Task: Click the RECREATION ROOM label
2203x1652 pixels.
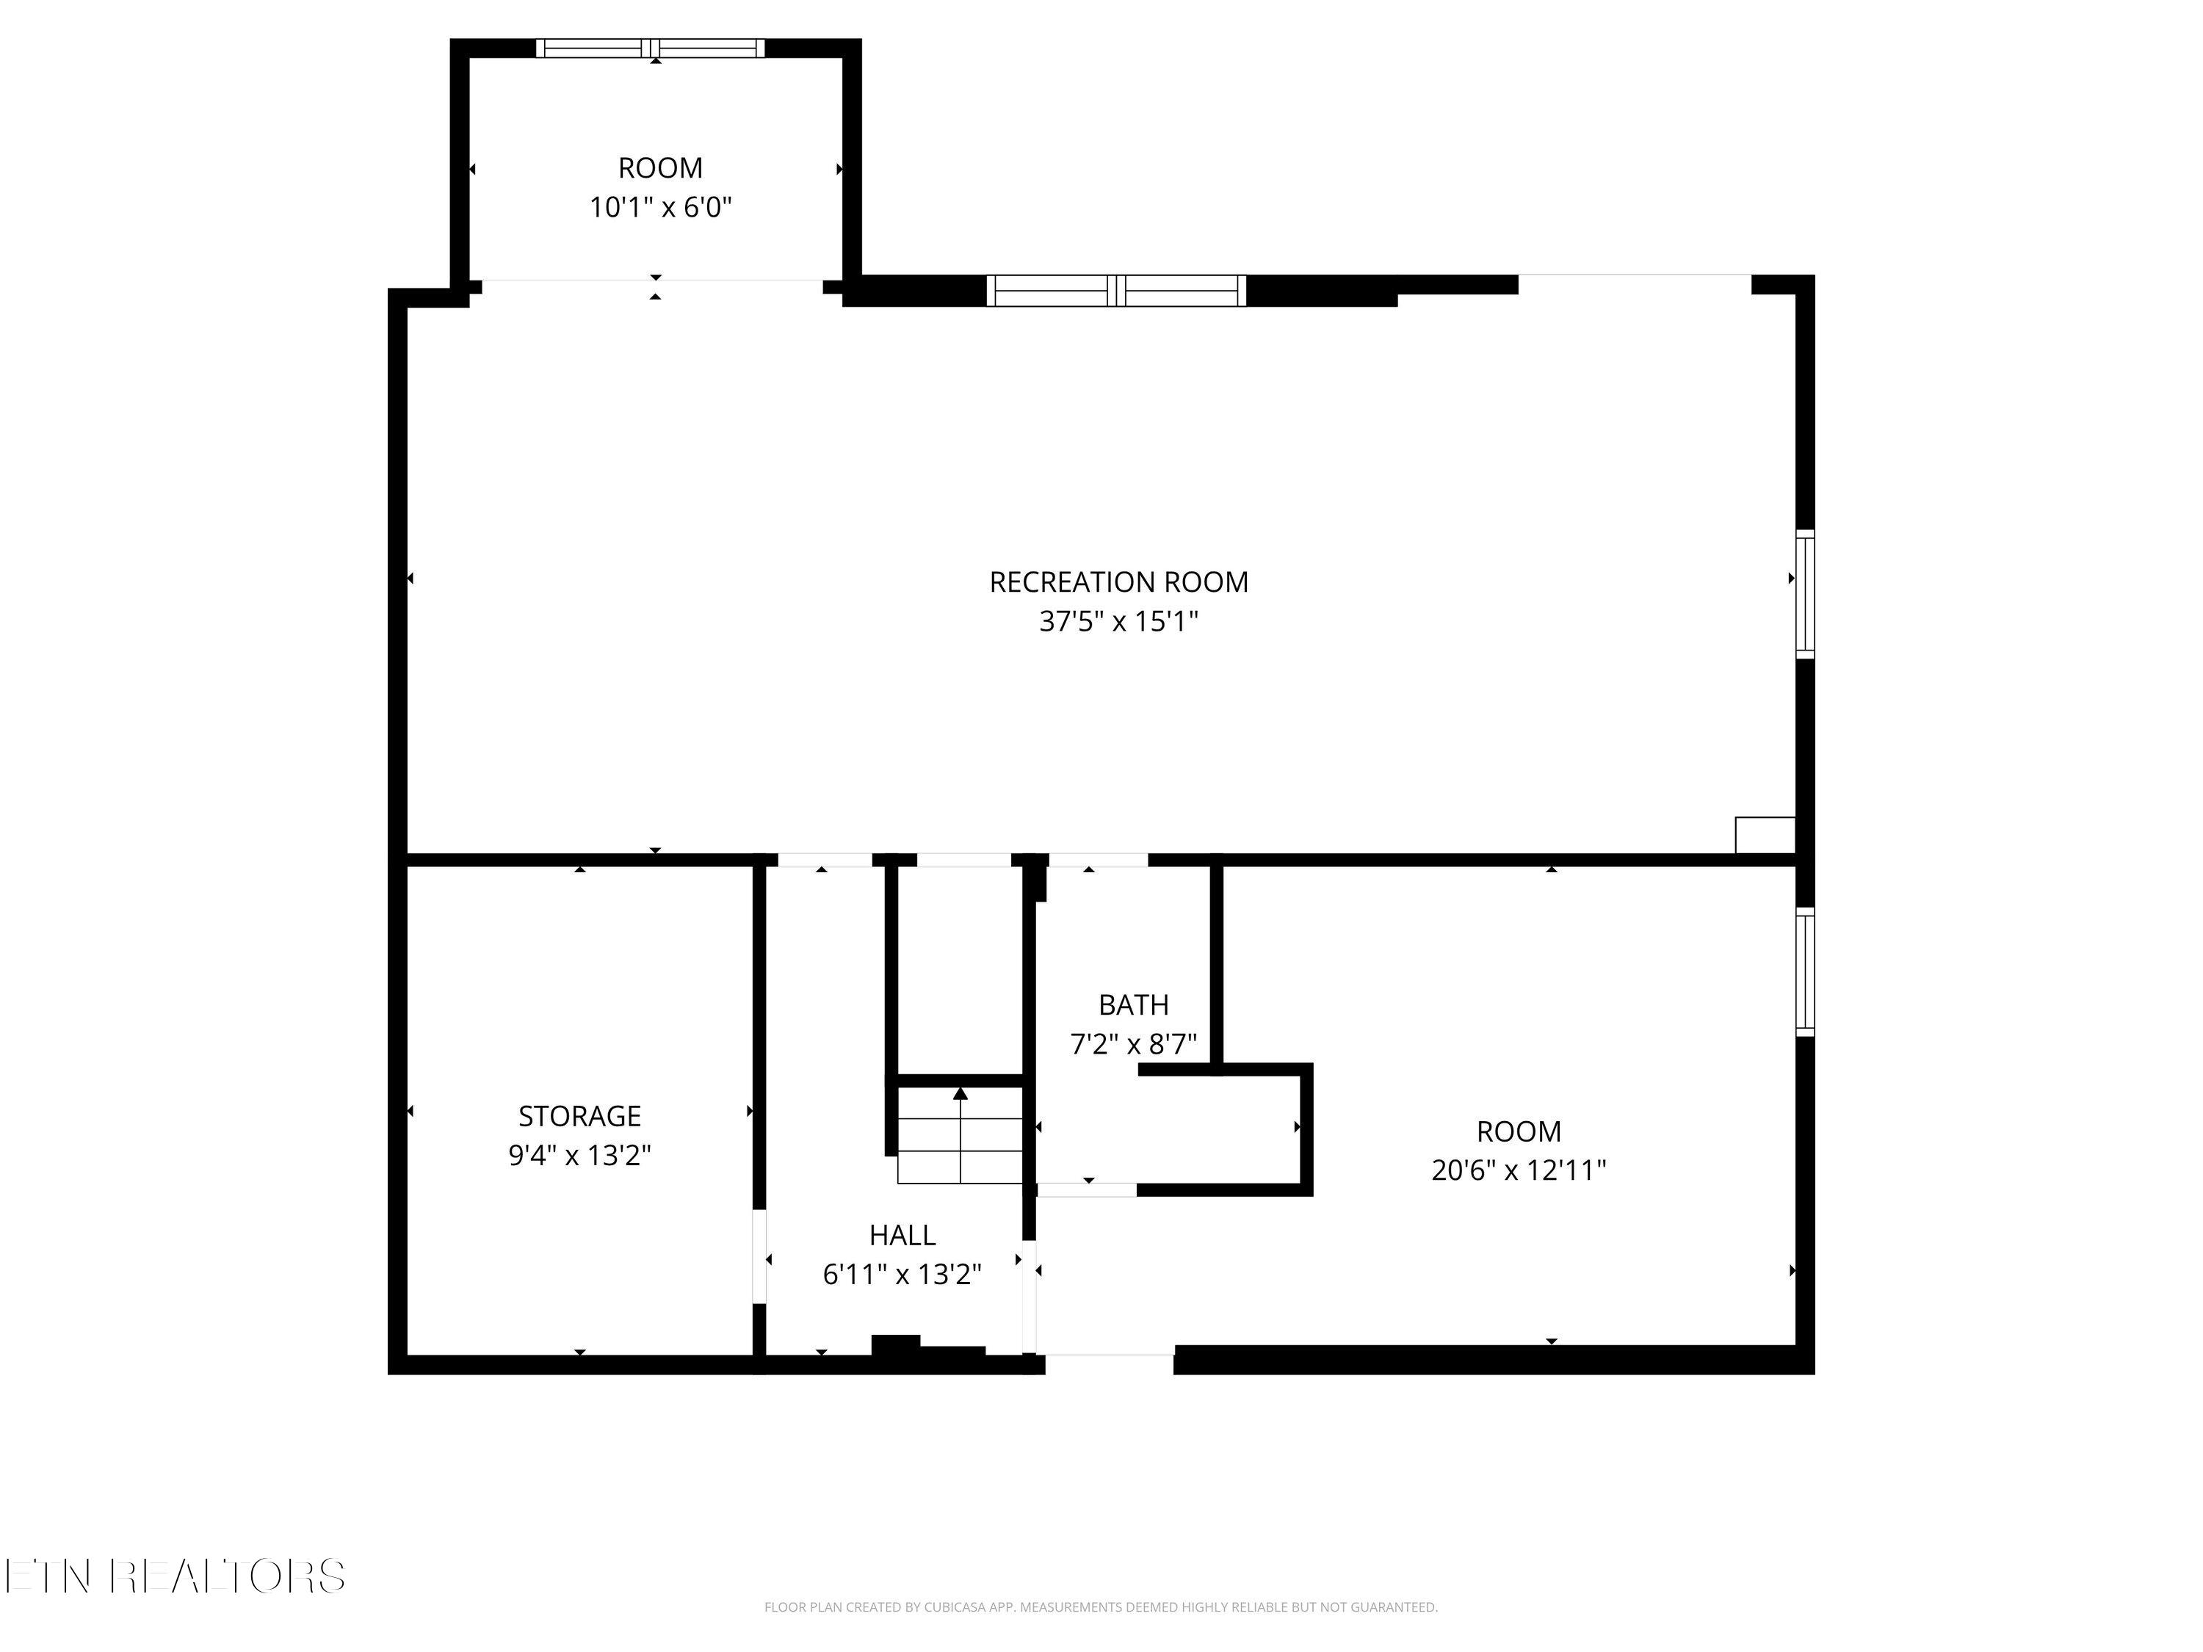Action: (1118, 582)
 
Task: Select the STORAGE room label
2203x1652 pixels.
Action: (579, 1115)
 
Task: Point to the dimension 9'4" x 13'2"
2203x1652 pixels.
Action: (579, 1155)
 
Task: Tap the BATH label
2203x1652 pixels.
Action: (1132, 1004)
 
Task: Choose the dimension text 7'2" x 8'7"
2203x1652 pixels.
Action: (1132, 1045)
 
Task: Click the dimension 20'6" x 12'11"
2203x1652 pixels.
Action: (1518, 1170)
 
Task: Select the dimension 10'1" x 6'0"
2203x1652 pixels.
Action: (660, 208)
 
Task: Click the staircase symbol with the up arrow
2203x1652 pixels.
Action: (960, 1135)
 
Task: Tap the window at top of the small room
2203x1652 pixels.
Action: (651, 48)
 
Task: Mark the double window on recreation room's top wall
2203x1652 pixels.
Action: (1115, 291)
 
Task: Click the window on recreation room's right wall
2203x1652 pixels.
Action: (1805, 595)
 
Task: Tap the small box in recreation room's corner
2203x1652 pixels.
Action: (1765, 835)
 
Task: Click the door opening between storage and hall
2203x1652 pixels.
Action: (759, 1257)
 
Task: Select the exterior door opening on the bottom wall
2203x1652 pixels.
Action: (1105, 1361)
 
